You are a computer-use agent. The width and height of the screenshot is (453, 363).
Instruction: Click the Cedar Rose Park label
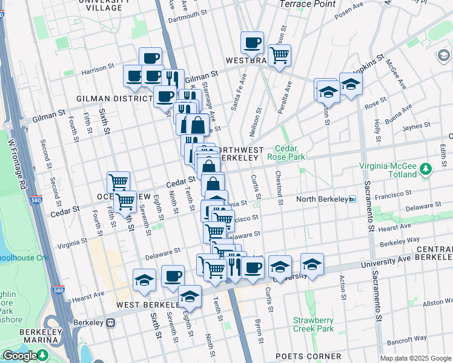[290, 152]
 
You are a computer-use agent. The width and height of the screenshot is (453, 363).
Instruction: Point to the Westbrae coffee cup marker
[252, 43]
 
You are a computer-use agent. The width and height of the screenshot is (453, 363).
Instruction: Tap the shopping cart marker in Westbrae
[279, 56]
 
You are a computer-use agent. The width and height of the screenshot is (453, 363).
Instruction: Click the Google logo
[20, 356]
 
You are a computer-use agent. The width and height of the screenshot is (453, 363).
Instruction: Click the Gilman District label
[114, 98]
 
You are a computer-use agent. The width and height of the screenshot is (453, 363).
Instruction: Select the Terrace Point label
[307, 4]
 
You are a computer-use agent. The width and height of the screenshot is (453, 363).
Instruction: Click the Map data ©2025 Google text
[415, 358]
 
